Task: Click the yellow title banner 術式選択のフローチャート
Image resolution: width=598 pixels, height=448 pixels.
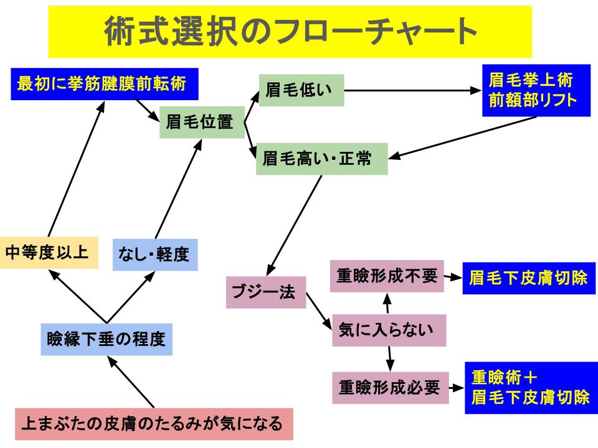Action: tap(290, 32)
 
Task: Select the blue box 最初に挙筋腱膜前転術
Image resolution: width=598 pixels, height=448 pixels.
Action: tap(105, 84)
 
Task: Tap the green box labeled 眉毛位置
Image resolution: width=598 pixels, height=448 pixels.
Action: tap(202, 123)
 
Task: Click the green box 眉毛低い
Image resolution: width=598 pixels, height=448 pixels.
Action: tap(301, 90)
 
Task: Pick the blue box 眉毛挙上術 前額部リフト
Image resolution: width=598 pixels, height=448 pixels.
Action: tap(536, 91)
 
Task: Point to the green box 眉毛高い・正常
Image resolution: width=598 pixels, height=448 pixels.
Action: tap(322, 159)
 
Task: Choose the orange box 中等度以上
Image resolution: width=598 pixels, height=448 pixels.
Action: tap(49, 253)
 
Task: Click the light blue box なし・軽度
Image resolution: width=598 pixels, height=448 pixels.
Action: tap(155, 255)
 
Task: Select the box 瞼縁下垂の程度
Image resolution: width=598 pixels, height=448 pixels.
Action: tap(107, 340)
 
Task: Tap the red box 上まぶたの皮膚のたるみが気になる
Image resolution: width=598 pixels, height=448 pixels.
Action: tap(154, 424)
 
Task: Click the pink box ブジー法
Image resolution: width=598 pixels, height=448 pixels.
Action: tap(266, 292)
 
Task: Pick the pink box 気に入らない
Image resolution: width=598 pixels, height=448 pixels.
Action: tap(389, 330)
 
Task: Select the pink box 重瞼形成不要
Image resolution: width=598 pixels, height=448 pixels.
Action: tap(387, 276)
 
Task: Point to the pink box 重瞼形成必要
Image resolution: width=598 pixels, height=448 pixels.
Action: tap(390, 388)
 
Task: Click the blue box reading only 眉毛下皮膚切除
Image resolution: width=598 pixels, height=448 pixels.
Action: tap(529, 278)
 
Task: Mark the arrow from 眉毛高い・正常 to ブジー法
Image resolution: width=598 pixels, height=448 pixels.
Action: tap(294, 225)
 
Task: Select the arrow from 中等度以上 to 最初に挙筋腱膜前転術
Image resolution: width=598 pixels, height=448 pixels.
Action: tap(76, 169)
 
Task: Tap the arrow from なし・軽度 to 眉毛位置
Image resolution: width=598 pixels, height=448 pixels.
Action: tap(179, 189)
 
